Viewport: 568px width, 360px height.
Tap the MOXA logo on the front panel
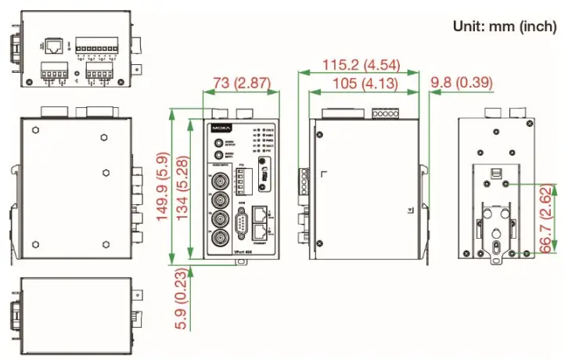221,128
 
